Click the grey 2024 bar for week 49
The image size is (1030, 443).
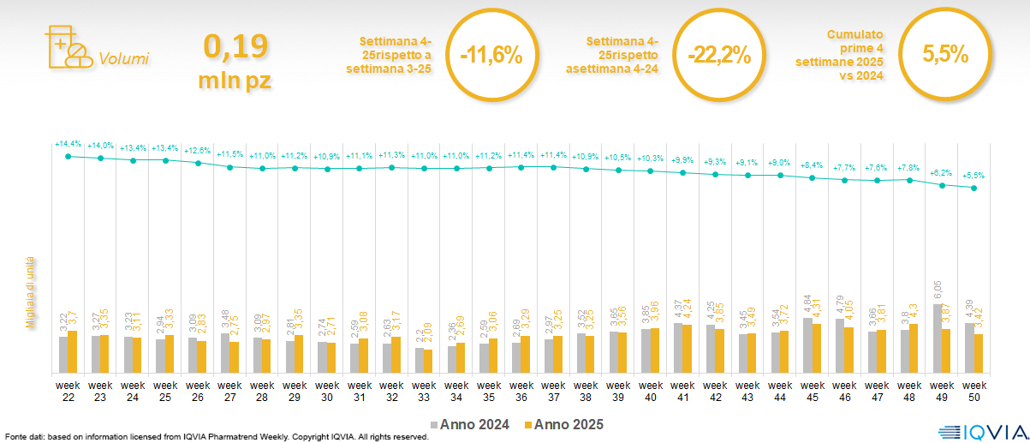tap(937, 338)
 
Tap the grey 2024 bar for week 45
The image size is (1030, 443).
tap(807, 345)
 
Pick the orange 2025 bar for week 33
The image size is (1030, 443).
tap(429, 361)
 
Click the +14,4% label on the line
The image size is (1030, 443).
tap(68, 144)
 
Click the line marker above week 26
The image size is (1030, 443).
tap(198, 163)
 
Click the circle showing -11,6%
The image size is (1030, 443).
tap(491, 55)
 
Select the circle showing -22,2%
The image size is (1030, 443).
tap(718, 55)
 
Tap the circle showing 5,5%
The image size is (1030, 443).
tap(945, 55)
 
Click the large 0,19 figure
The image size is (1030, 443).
tap(235, 46)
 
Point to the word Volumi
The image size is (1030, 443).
tap(124, 59)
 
